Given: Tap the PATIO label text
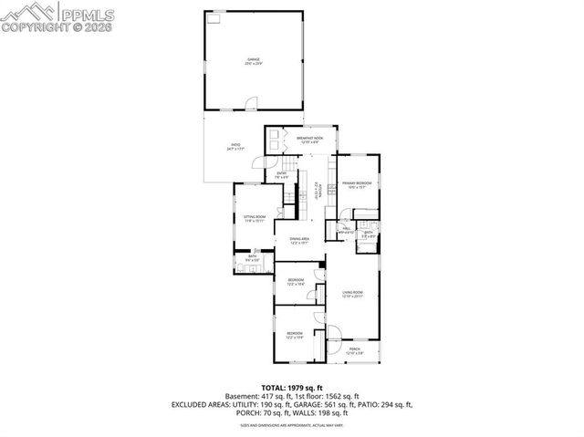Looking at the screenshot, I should point(235,145).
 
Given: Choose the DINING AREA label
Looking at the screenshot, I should point(300,240).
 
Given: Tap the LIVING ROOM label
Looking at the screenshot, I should point(353,294).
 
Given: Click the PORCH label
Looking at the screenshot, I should point(355,349).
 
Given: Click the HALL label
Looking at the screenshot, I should point(347,230).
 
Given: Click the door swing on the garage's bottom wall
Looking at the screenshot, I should point(248,109).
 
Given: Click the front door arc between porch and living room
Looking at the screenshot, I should point(333,333).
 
